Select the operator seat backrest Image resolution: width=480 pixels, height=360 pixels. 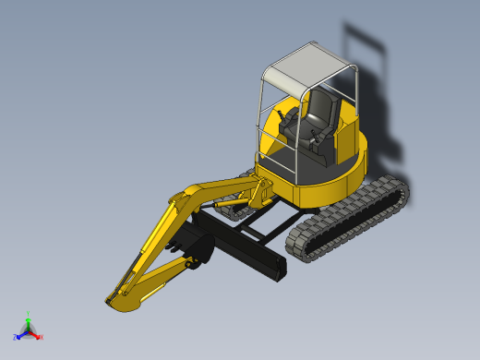(x=324, y=105)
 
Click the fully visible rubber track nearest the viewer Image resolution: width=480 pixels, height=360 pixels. (x=351, y=217)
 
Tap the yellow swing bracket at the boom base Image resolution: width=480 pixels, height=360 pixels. (x=260, y=192)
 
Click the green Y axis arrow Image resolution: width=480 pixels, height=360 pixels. (x=29, y=318)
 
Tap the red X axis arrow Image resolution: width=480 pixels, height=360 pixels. (x=39, y=337)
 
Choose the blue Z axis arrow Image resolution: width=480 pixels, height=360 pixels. (x=18, y=337)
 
